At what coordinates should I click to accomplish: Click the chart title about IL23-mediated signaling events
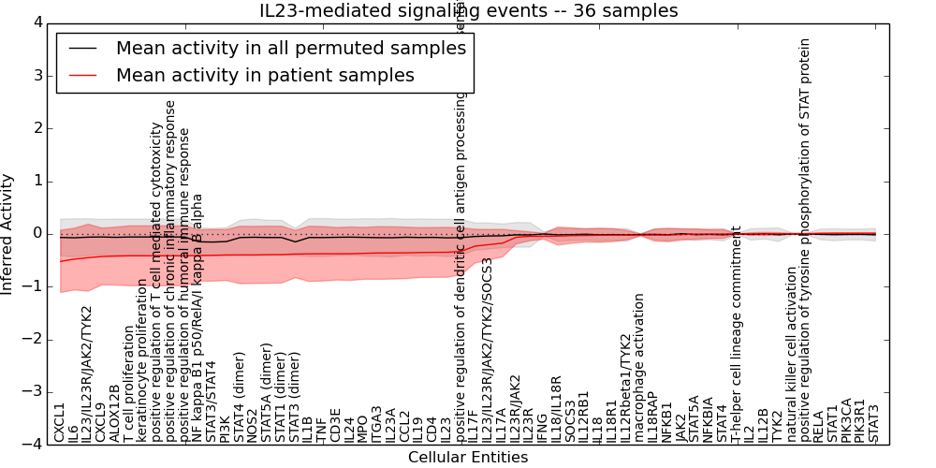point(468,10)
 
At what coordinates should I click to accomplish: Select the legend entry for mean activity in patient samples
point(265,75)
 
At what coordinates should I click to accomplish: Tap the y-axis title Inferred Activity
point(8,233)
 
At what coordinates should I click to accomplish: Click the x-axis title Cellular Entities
point(468,458)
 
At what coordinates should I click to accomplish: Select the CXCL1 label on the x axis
point(60,422)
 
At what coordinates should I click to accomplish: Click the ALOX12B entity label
point(115,413)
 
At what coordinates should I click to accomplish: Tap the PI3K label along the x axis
point(226,427)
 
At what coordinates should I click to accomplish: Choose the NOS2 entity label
point(253,424)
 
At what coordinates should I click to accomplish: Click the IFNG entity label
point(542,426)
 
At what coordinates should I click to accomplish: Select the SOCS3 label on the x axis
point(569,420)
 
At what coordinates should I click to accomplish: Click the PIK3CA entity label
point(846,418)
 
